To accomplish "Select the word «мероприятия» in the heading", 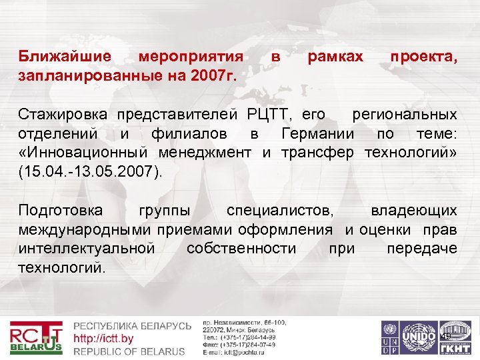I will (x=191, y=57).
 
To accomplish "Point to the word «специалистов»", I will (x=281, y=211).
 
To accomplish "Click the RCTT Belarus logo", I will (x=37, y=337).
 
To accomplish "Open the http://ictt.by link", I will (x=103, y=339).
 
